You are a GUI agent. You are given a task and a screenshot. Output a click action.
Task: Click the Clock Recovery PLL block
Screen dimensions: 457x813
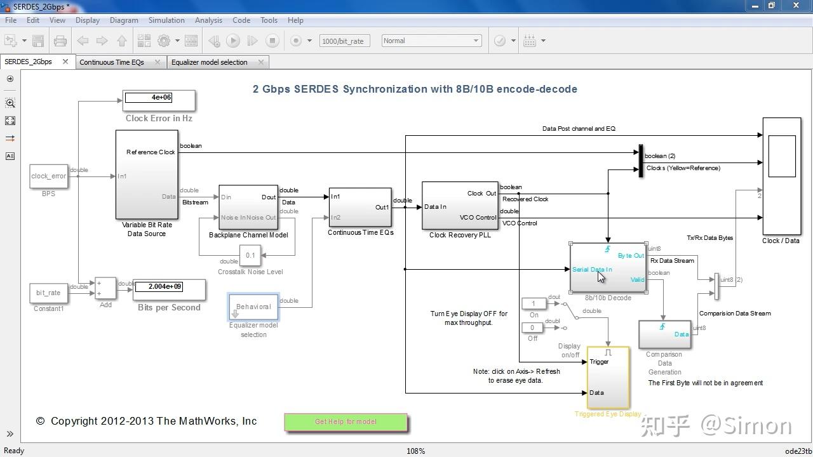click(x=460, y=206)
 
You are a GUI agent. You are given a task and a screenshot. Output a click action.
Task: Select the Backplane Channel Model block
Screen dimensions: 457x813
click(x=248, y=207)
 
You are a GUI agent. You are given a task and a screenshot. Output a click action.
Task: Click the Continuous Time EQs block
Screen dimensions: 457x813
click(x=359, y=207)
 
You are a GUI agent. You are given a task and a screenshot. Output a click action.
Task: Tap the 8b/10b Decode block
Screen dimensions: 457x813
click(x=608, y=267)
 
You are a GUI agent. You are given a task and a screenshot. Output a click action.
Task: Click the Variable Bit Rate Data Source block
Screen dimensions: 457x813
click(x=146, y=175)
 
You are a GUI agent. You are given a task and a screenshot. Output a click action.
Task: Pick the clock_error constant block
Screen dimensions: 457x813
click(x=48, y=176)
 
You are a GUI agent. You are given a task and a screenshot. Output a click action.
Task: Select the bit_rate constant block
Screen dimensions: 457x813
click(x=48, y=293)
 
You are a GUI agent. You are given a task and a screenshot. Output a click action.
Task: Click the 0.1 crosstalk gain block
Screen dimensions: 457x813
click(x=250, y=256)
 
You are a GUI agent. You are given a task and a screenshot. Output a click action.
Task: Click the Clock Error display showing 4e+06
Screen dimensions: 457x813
click(x=159, y=100)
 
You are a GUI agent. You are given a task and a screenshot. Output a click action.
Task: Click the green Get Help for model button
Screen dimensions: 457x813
click(x=346, y=422)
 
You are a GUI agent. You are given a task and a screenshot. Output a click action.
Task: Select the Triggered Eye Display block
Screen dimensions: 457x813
click(x=608, y=378)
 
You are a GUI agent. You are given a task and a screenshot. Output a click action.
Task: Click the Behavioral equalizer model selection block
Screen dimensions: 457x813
click(x=253, y=307)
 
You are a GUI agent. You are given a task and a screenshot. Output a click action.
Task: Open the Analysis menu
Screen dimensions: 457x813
click(x=208, y=20)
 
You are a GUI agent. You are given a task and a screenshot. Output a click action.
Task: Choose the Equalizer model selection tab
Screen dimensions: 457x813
click(x=209, y=62)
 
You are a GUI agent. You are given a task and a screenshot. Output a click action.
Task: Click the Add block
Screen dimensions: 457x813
click(x=105, y=288)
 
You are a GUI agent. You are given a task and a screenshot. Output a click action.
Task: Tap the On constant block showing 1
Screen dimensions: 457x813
click(x=533, y=304)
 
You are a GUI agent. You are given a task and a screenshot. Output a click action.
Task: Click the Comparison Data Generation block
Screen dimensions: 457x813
click(x=664, y=334)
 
